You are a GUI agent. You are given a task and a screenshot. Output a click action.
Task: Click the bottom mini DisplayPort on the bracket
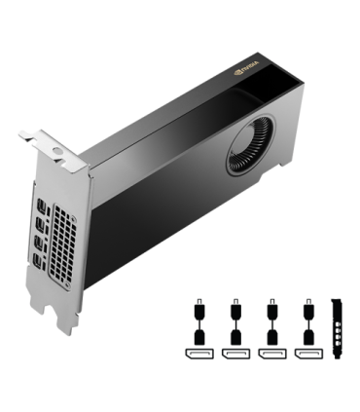38,259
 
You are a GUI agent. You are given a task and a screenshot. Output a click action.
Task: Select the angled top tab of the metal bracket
54,147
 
